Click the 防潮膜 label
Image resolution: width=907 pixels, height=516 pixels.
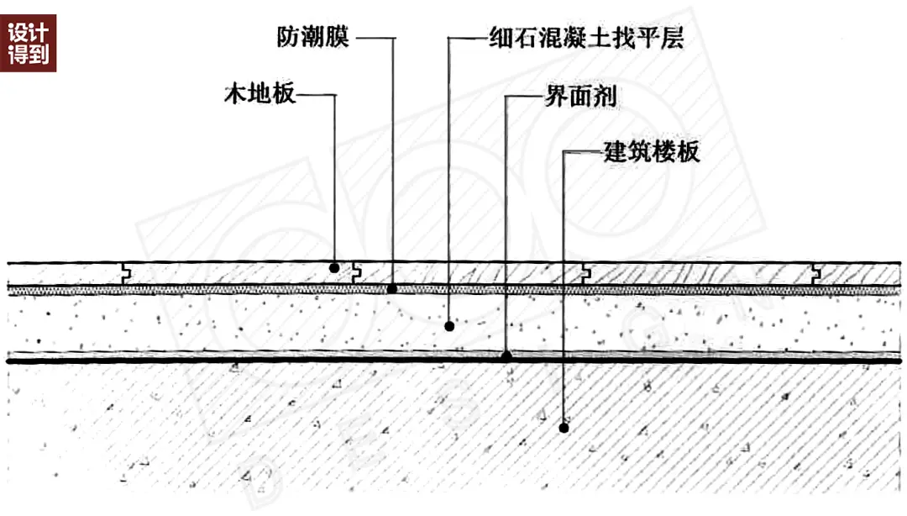313,38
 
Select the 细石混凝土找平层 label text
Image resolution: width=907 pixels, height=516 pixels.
586,38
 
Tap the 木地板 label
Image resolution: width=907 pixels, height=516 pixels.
260,93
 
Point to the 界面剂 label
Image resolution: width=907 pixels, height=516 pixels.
581,96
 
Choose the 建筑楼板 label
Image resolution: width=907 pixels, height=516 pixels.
652,152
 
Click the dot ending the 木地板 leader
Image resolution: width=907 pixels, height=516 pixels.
334,268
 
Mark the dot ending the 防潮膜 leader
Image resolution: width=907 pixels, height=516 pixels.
392,288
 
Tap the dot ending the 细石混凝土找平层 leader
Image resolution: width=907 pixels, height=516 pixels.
449,327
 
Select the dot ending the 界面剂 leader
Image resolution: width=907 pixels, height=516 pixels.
506,355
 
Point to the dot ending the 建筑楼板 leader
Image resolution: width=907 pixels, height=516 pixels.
564,428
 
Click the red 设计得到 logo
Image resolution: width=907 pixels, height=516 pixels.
29,44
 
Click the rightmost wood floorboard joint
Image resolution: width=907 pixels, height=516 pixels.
815,274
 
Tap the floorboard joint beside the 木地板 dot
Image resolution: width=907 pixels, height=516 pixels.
356,274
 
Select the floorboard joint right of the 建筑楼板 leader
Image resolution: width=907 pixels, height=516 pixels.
586,274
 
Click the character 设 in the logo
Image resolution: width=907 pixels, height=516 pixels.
18,33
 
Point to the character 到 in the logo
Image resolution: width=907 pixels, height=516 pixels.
39,54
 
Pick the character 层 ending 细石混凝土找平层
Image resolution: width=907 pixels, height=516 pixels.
672,38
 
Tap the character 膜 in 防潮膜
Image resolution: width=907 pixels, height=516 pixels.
338,38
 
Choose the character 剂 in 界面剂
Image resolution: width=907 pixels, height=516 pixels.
605,96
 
